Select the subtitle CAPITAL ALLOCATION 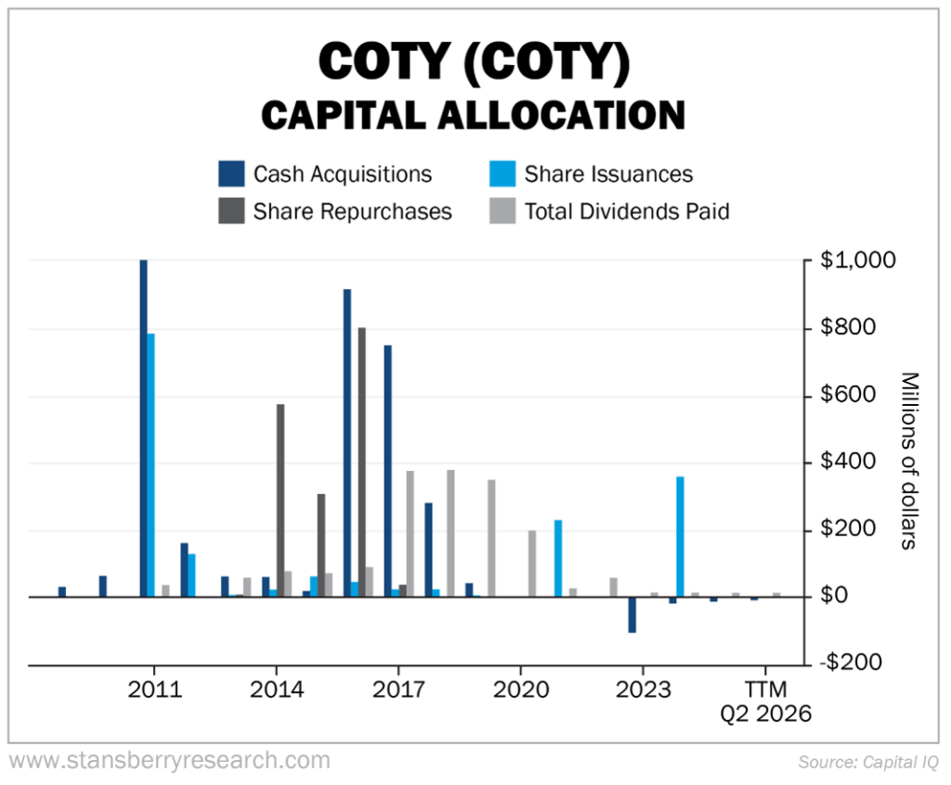(x=474, y=116)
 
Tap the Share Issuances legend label (x=608, y=174)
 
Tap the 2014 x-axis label (x=276, y=690)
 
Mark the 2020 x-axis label (x=520, y=690)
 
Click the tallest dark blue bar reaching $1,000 (x=143, y=427)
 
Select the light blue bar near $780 (x=151, y=464)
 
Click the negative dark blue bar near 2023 (x=632, y=615)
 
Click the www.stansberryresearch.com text (x=169, y=761)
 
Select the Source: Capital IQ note (x=867, y=762)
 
